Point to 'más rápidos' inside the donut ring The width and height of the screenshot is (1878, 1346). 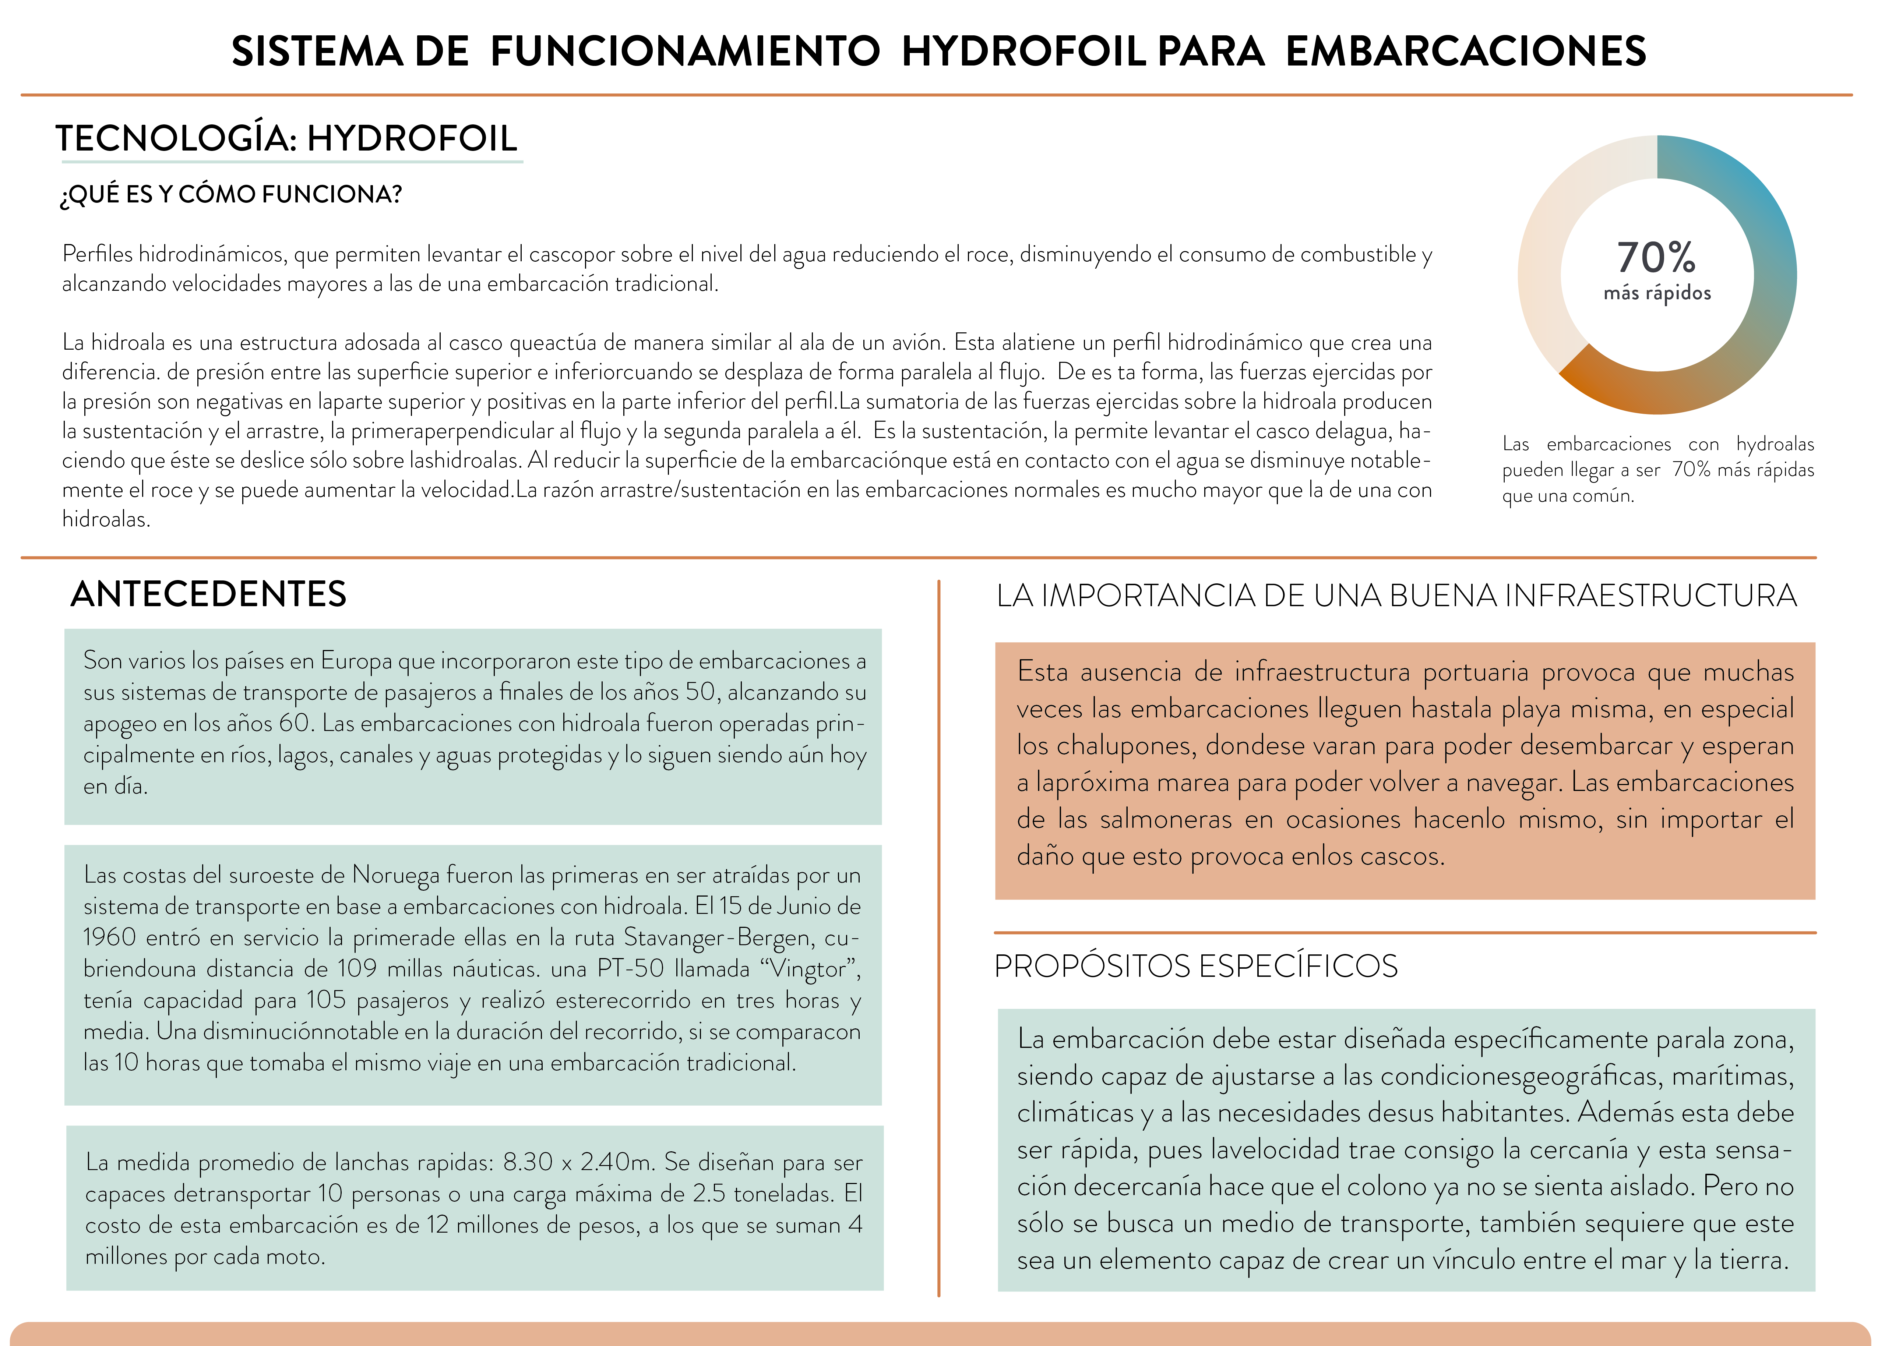pyautogui.click(x=1657, y=293)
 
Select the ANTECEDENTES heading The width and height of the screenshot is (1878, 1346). pyautogui.click(x=209, y=594)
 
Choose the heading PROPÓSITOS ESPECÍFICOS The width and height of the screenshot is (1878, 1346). pyautogui.click(x=1196, y=966)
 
